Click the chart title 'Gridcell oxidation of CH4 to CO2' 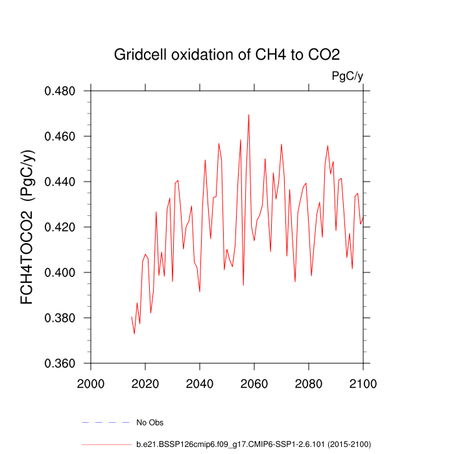pos(227,54)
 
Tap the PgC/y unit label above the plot pos(347,77)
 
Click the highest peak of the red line pos(248,115)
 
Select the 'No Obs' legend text pos(150,423)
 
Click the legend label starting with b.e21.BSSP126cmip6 pos(253,444)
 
